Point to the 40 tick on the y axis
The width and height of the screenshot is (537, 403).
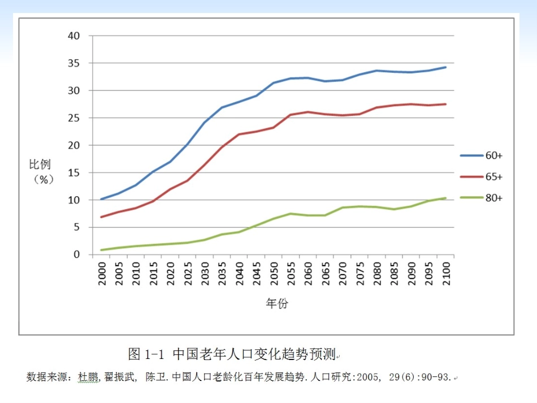click(x=74, y=36)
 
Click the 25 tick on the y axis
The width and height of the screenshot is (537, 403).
click(x=74, y=118)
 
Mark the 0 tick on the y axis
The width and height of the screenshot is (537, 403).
click(x=77, y=255)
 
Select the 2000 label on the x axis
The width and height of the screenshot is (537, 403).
click(x=102, y=274)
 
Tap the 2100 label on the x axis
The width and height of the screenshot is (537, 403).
click(x=445, y=274)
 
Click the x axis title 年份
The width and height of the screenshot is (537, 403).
click(x=277, y=304)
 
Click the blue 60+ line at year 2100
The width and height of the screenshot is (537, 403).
click(x=445, y=67)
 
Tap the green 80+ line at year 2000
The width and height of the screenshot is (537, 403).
click(x=102, y=250)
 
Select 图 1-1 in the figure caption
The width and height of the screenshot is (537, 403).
click(x=146, y=354)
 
